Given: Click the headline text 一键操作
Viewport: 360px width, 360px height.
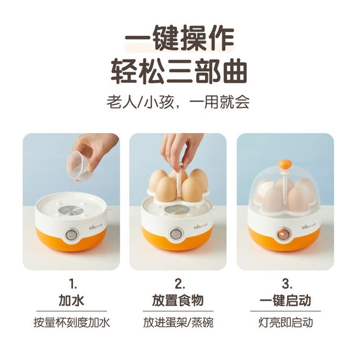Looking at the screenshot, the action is click(x=179, y=39).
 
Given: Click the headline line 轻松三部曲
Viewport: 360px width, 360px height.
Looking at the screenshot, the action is click(x=179, y=71).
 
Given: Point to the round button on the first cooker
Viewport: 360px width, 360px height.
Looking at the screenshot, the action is click(x=71, y=234).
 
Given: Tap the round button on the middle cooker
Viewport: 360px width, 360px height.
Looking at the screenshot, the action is click(x=176, y=234).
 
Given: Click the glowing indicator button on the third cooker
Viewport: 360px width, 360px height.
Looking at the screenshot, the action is click(x=283, y=234).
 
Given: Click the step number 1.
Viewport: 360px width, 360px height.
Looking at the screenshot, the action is click(x=73, y=284).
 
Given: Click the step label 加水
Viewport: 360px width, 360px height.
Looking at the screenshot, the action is click(x=71, y=300).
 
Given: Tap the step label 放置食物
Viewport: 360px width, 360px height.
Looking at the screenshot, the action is click(x=178, y=300).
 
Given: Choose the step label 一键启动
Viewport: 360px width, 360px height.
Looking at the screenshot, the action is click(x=285, y=300).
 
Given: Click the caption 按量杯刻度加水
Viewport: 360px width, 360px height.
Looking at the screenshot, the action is click(x=71, y=322).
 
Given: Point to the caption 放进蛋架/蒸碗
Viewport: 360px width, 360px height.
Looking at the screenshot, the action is click(x=178, y=322).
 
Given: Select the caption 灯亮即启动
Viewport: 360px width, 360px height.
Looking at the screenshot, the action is click(x=286, y=322).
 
